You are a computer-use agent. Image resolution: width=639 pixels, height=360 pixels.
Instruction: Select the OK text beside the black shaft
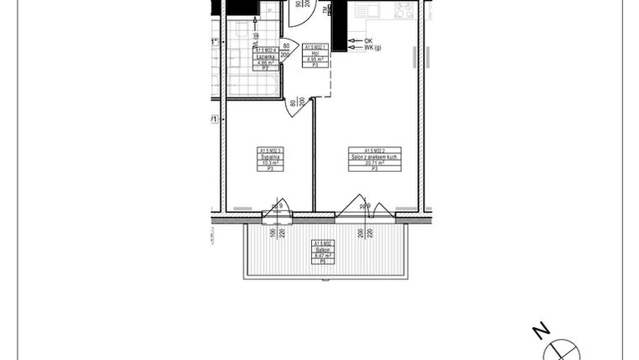pyautogui.click(x=367, y=40)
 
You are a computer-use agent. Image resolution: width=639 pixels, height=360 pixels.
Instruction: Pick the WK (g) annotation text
pyautogui.click(x=372, y=49)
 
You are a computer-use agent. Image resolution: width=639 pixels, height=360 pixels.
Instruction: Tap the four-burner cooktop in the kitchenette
pyautogui.click(x=404, y=9)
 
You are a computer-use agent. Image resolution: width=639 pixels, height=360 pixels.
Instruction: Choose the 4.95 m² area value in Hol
pyautogui.click(x=314, y=61)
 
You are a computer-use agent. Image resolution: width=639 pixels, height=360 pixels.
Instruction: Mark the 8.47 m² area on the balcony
pyautogui.click(x=323, y=256)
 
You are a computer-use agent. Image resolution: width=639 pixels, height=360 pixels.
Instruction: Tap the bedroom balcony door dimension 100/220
pyautogui.click(x=277, y=232)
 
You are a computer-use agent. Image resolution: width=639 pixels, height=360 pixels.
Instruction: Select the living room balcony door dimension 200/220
pyautogui.click(x=365, y=232)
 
